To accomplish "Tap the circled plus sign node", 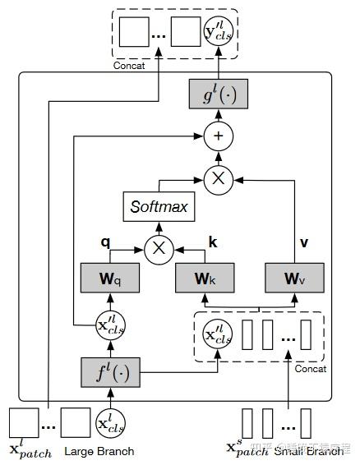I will point(219,136).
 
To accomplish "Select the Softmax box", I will point(159,205).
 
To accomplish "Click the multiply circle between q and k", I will point(159,249).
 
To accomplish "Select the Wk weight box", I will point(205,279).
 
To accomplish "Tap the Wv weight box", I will point(295,279).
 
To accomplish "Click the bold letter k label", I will point(212,244).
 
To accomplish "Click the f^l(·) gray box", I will point(110,373).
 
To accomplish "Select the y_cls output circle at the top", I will point(219,32).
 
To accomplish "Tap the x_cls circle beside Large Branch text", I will point(110,422).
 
